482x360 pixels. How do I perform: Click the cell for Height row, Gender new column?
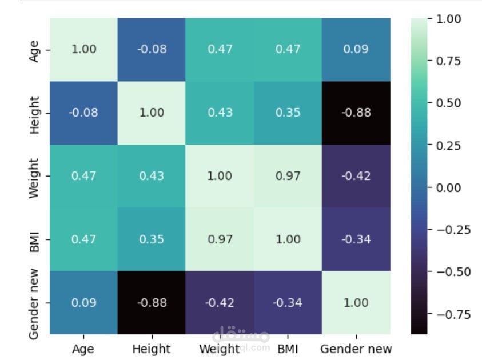click(356, 113)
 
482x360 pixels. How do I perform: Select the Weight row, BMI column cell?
click(288, 176)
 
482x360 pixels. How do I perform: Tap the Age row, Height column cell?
click(152, 50)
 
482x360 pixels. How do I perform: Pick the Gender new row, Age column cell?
click(83, 302)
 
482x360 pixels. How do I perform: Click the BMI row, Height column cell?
click(152, 239)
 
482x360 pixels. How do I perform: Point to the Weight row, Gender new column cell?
click(356, 176)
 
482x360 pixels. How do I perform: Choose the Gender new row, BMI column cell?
click(288, 302)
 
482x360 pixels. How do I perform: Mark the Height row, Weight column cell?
click(220, 113)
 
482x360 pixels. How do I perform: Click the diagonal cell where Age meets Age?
click(83, 50)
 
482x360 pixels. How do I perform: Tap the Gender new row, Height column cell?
click(152, 302)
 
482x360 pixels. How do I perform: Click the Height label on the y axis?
click(34, 113)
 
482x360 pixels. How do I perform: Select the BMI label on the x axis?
click(288, 349)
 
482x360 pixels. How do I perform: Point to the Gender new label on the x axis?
click(356, 349)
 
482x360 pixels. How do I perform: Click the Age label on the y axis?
click(34, 50)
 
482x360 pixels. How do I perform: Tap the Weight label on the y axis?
click(34, 176)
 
